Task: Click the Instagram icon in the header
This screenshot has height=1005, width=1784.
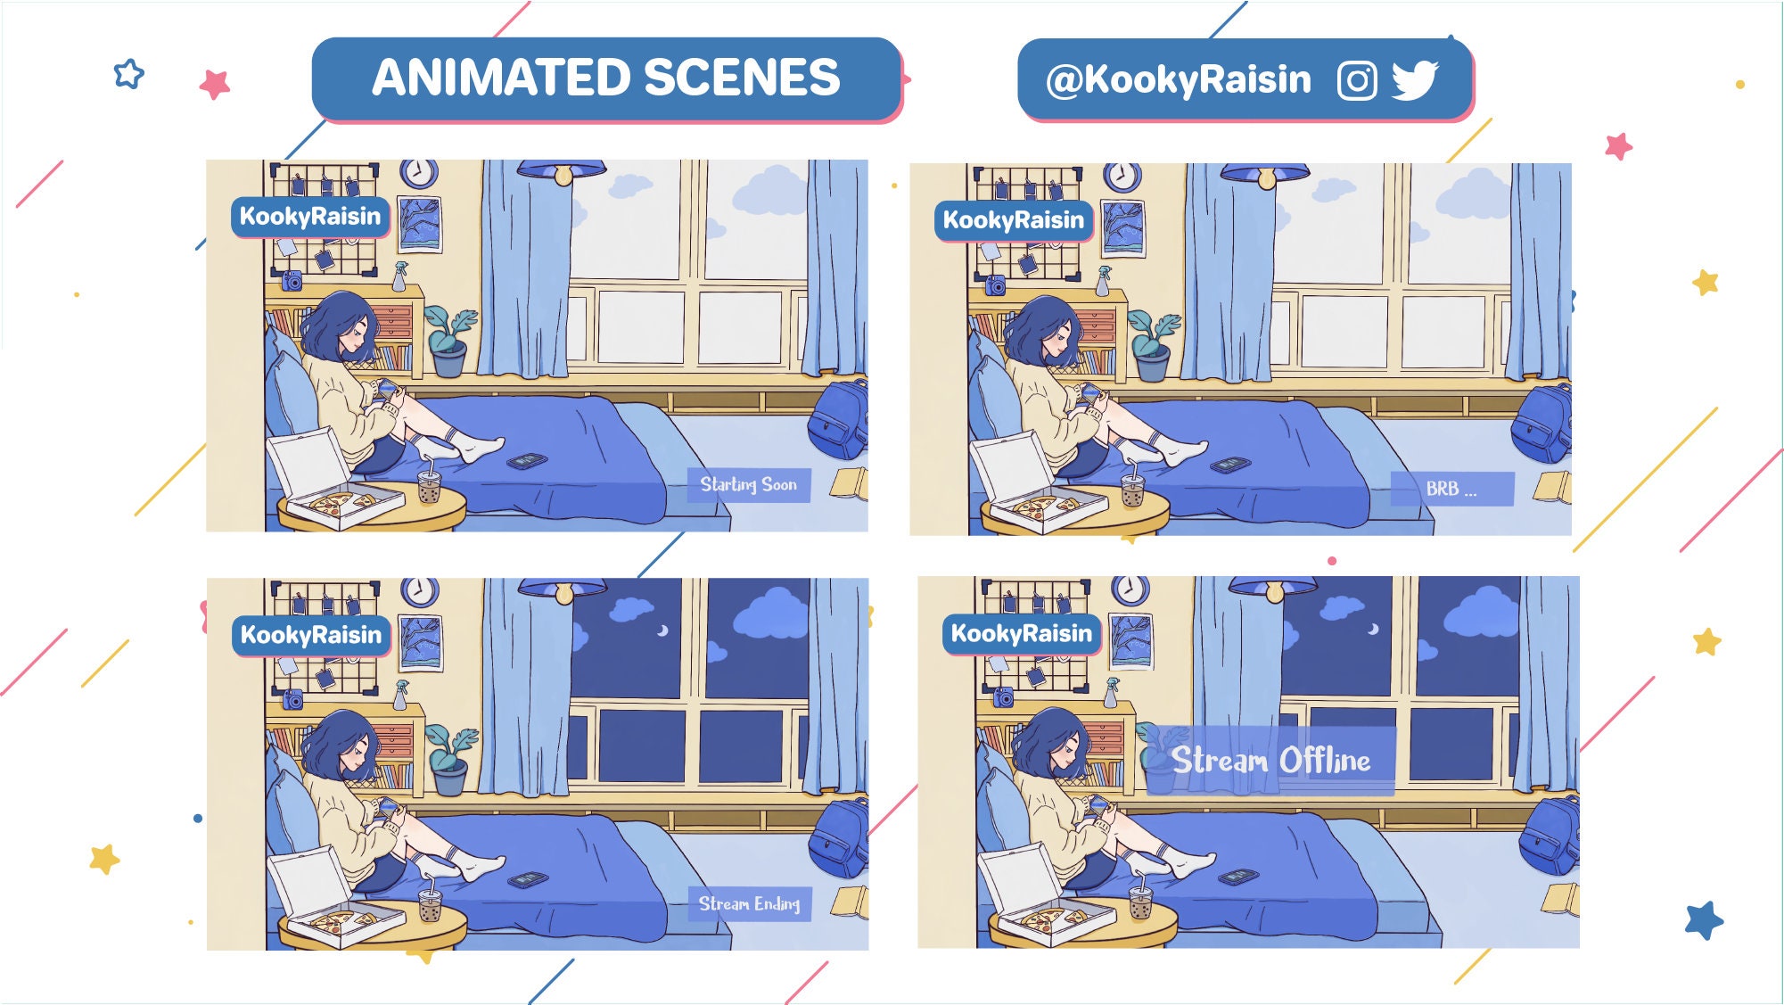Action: click(x=1357, y=80)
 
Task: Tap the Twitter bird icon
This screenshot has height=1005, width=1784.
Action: click(x=1415, y=80)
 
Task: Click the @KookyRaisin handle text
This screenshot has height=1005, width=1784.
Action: click(x=1178, y=80)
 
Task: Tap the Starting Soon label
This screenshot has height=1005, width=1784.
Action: click(x=748, y=485)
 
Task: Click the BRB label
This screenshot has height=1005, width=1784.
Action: click(x=1451, y=489)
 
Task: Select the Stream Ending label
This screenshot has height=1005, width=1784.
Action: click(x=749, y=904)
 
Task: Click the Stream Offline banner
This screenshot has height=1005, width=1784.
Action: click(x=1270, y=761)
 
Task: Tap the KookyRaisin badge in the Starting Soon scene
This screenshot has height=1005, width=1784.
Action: click(x=310, y=217)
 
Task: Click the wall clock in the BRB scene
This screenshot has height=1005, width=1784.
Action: click(x=1122, y=177)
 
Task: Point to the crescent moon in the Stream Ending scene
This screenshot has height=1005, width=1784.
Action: click(x=662, y=630)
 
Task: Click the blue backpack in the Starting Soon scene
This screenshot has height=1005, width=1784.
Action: click(x=838, y=418)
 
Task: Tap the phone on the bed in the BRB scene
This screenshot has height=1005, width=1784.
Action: click(x=1229, y=465)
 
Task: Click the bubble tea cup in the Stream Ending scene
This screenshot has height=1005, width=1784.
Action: click(x=430, y=905)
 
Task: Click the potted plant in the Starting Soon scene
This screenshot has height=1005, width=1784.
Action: click(x=449, y=342)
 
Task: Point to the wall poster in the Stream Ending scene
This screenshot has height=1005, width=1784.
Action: click(x=421, y=642)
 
